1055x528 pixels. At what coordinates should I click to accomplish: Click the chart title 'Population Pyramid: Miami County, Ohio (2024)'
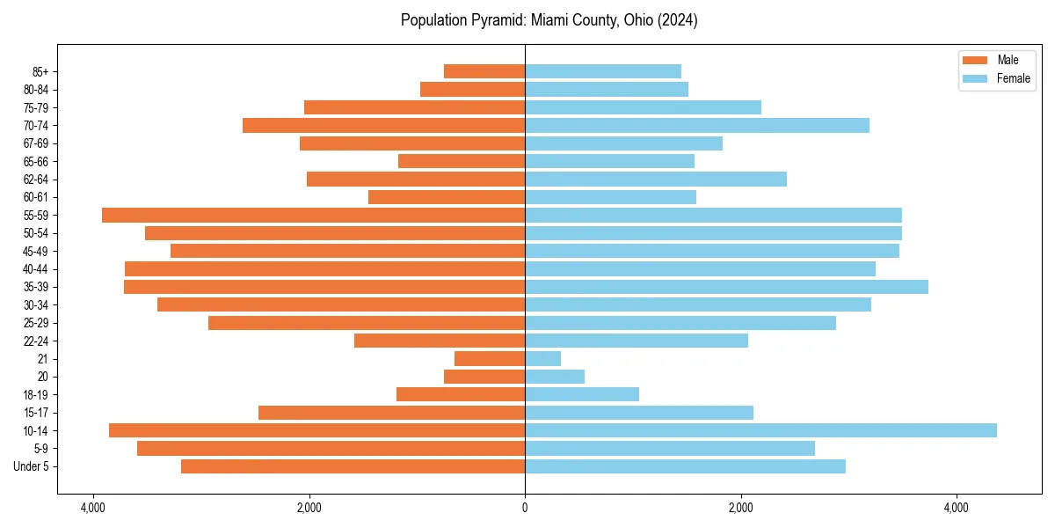[549, 20]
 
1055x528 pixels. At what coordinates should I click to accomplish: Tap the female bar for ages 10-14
[760, 430]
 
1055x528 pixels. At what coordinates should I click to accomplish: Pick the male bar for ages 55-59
[313, 215]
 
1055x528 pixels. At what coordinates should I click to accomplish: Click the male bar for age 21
[490, 358]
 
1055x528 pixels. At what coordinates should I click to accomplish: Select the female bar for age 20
[555, 377]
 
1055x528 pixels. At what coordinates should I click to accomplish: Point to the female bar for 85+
[603, 71]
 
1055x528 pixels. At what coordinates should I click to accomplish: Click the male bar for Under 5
[353, 466]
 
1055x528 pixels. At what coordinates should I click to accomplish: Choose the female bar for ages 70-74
[697, 125]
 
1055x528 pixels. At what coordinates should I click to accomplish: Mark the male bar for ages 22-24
[440, 341]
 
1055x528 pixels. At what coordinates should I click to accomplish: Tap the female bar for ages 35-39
[726, 287]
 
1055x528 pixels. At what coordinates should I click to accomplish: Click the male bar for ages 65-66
[462, 161]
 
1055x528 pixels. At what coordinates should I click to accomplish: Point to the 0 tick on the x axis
[525, 508]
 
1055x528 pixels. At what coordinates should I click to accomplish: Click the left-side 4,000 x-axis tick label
[92, 508]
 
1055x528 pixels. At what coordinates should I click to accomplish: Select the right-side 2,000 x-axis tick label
[740, 508]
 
